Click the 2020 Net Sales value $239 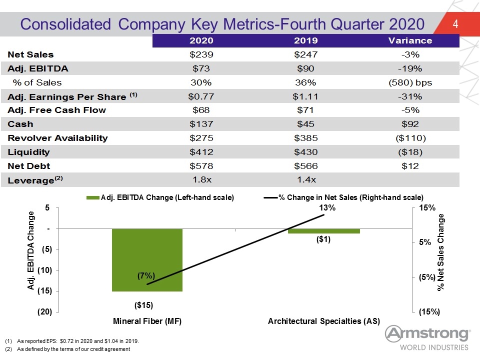coord(201,54)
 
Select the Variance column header coord(410,40)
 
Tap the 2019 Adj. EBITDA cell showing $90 coord(305,68)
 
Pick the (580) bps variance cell coord(410,82)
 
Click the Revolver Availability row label coord(57,138)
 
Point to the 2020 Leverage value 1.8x coord(202,179)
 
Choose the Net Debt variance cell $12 coord(410,166)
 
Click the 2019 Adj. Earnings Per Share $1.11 coord(305,96)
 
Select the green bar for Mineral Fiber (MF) coord(147,260)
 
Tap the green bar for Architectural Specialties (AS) coord(324,231)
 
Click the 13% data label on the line coord(327,207)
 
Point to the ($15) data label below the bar coord(143,305)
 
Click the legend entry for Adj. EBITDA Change coord(160,197)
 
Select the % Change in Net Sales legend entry coord(344,197)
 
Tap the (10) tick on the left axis coord(44,270)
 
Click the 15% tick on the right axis coord(427,207)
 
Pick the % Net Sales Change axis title coord(440,252)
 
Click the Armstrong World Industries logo coord(427,338)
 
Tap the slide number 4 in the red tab coord(455,24)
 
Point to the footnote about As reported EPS coord(72,341)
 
